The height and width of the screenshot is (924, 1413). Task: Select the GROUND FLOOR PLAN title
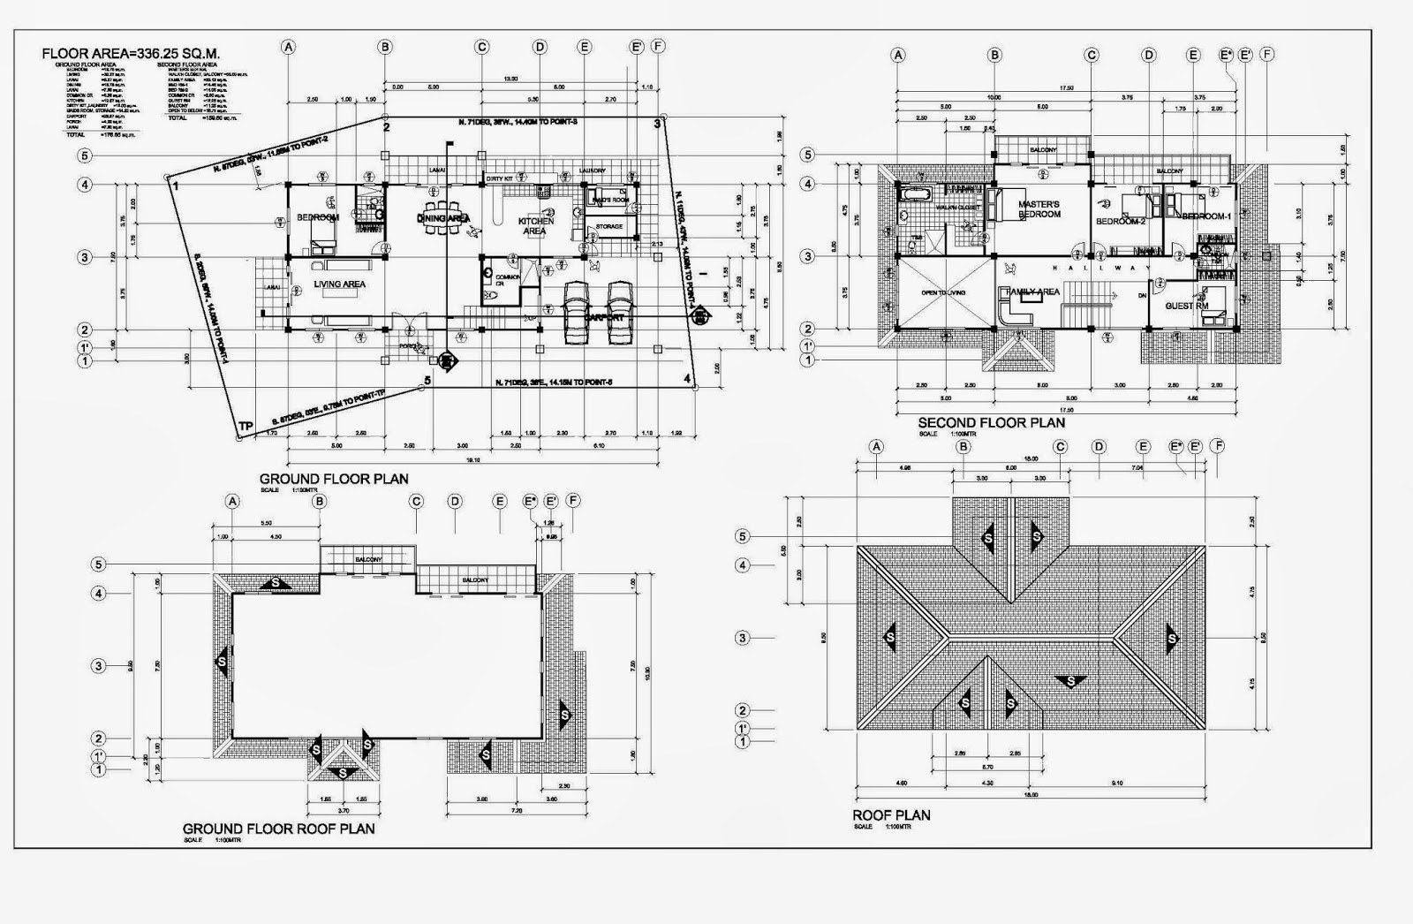click(x=334, y=479)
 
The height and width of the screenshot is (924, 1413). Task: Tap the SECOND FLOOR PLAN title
click(x=991, y=422)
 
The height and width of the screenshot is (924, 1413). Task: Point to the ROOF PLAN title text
click(x=890, y=815)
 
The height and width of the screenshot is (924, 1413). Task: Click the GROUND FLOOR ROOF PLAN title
click(x=278, y=829)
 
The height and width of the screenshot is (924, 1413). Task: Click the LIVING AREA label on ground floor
click(x=339, y=284)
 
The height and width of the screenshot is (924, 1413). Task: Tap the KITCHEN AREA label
click(x=534, y=226)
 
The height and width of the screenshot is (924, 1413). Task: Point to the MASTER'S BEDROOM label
click(x=1039, y=209)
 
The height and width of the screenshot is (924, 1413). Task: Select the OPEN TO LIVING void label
click(x=943, y=292)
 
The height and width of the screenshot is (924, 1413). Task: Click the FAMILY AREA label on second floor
click(x=1032, y=292)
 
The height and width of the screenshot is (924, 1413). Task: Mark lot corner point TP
click(x=245, y=427)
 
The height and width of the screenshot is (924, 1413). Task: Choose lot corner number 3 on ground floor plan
click(x=657, y=125)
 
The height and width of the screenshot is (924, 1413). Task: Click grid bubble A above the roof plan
click(x=876, y=446)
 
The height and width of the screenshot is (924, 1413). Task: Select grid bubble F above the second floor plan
click(x=1267, y=55)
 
